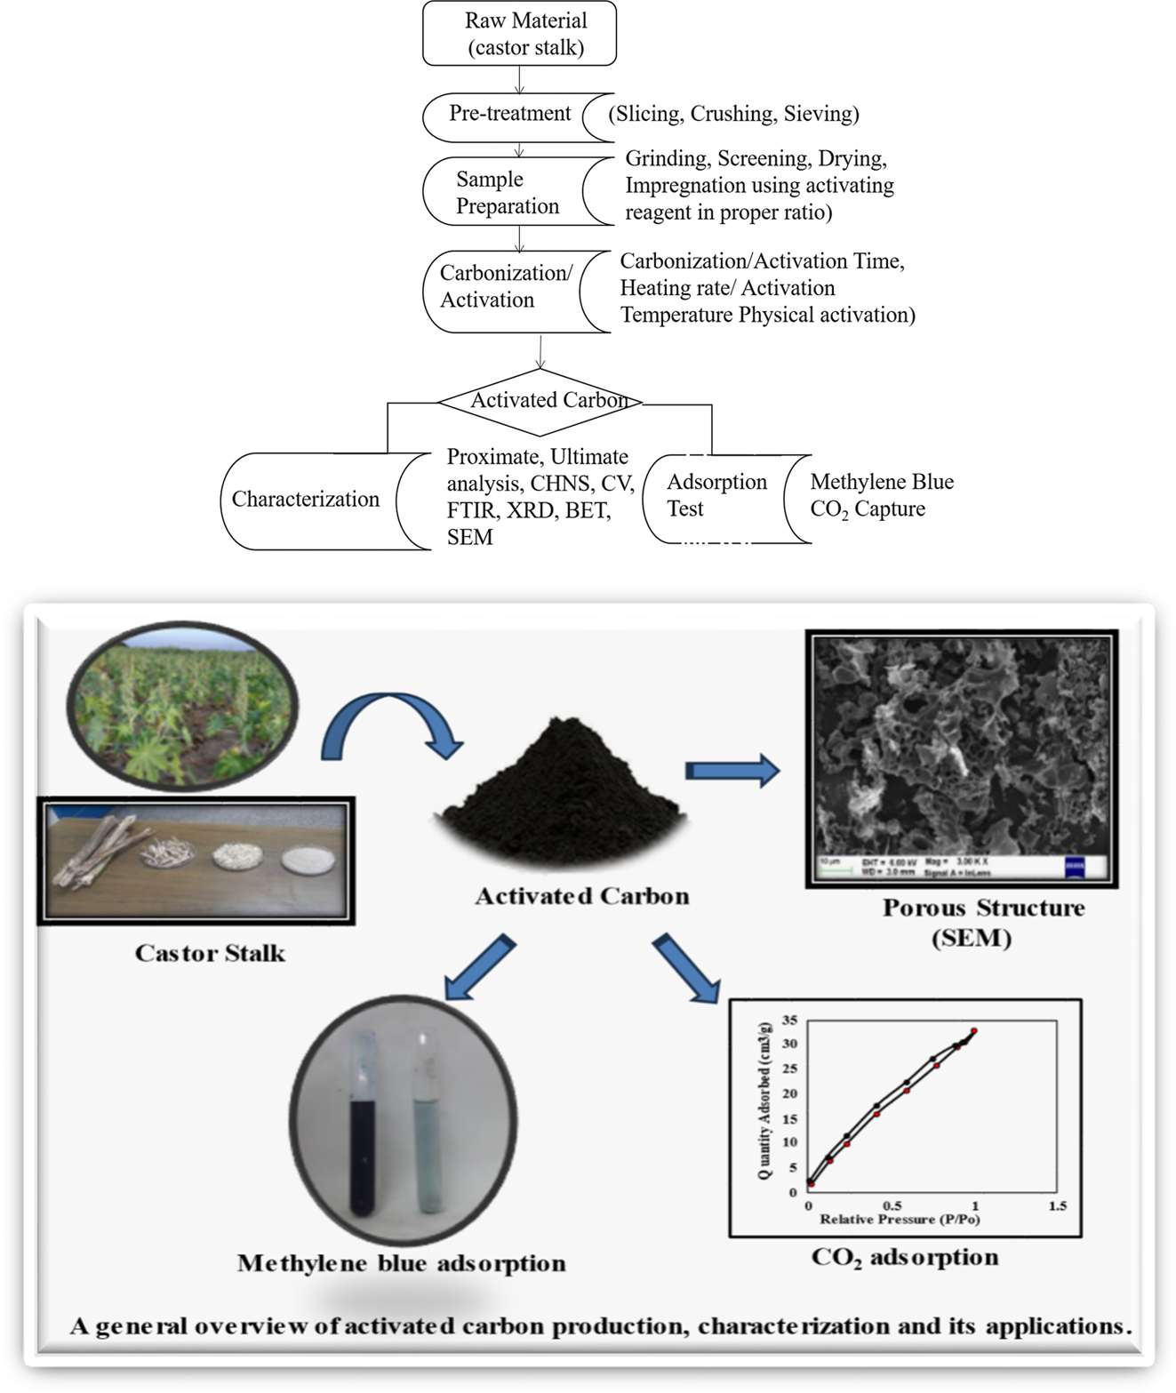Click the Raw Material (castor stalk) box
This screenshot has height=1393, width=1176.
[520, 34]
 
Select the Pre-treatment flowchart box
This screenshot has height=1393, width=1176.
[509, 115]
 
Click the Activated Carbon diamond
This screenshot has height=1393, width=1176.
[541, 401]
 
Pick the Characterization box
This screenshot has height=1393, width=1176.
[306, 500]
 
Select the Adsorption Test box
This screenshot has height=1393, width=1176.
[716, 496]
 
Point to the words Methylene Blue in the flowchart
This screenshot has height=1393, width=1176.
[882, 482]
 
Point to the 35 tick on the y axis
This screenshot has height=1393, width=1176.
[790, 1020]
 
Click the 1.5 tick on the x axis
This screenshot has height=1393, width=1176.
[1057, 1206]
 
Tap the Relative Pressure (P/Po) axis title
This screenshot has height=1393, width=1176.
[899, 1220]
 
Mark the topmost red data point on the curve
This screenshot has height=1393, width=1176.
[974, 1031]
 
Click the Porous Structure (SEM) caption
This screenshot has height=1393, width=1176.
[983, 923]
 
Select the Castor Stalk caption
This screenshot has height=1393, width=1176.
[211, 954]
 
